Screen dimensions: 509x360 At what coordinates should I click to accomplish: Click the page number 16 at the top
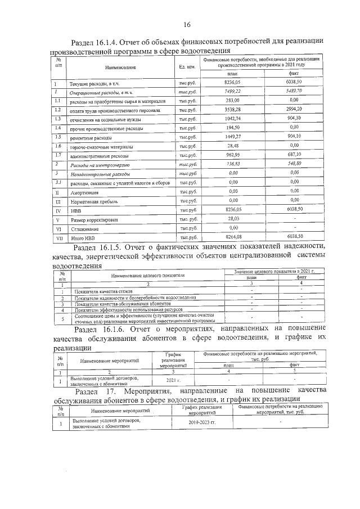(186, 24)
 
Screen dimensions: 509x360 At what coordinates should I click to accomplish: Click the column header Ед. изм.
(187, 67)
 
